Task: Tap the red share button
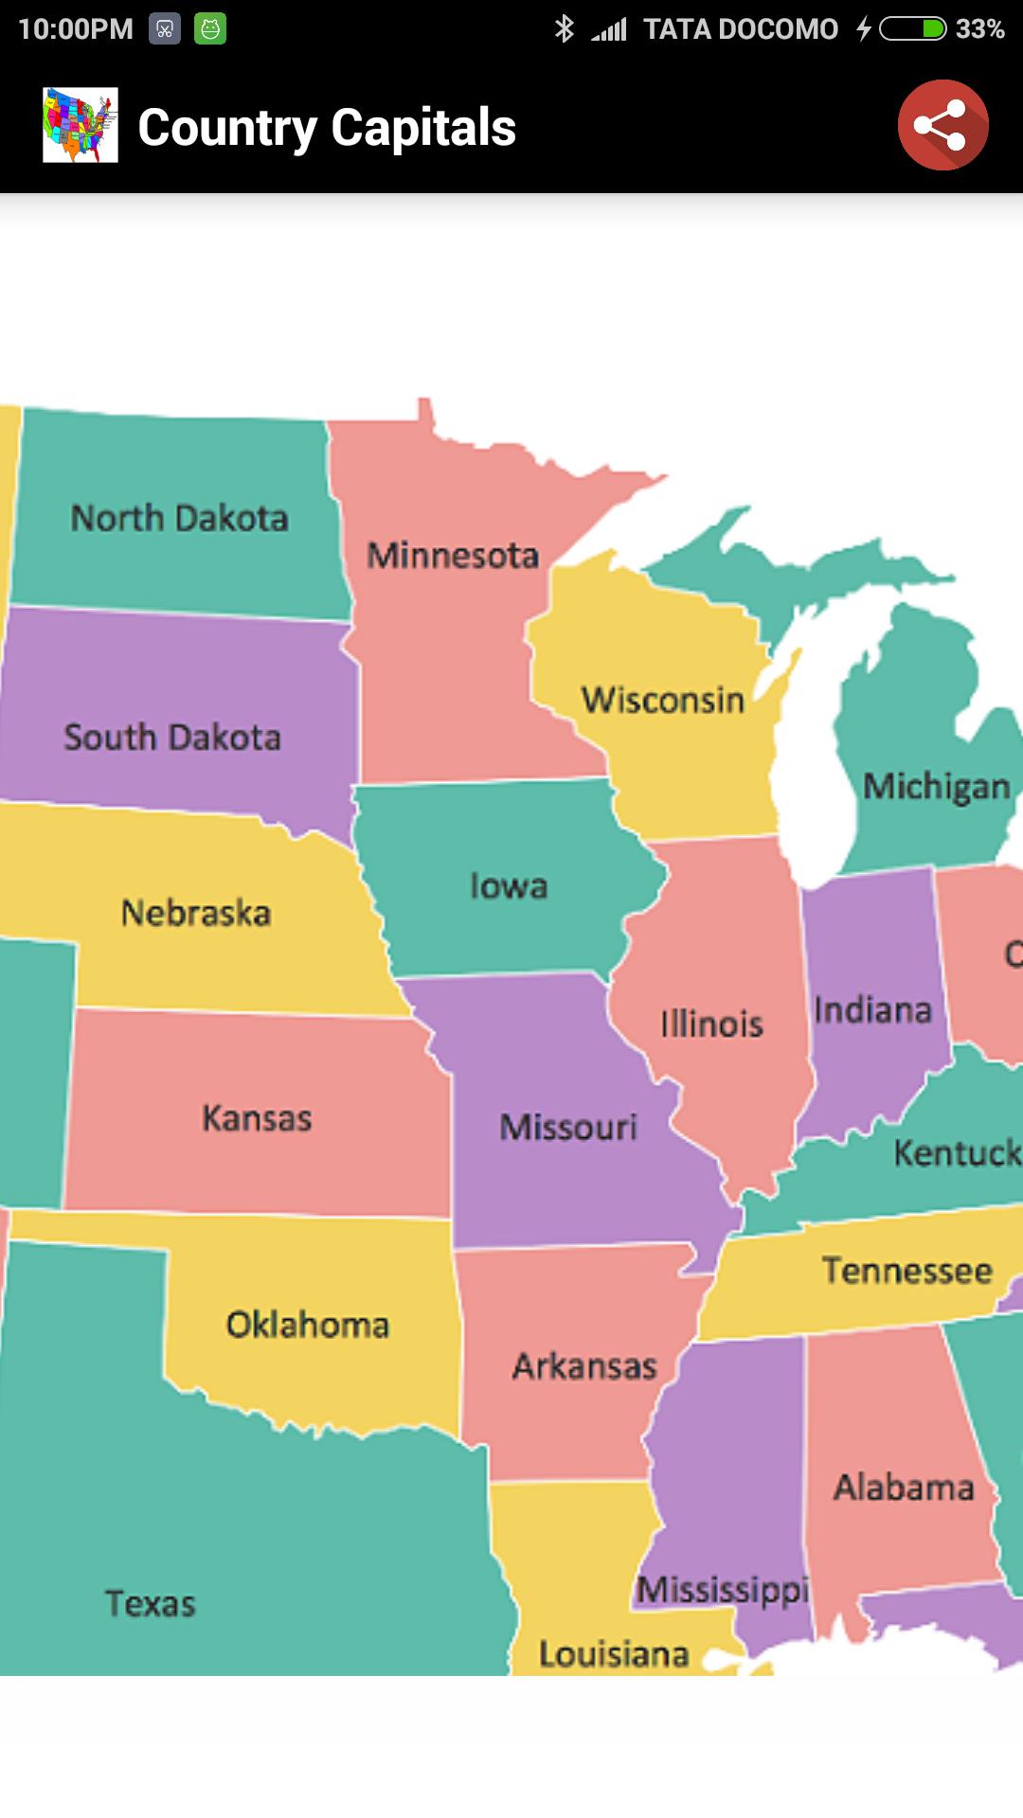pos(942,126)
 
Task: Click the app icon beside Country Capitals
pos(81,125)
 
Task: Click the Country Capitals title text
pos(327,127)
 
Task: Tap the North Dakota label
pos(179,518)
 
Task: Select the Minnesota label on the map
pos(453,555)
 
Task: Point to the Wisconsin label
pos(663,701)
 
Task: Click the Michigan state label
pos(936,786)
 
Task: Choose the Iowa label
pos(509,886)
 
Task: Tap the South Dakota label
pos(172,738)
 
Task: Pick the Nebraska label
pos(196,913)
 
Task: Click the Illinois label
pos(711,1024)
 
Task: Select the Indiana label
pos(872,1010)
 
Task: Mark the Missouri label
pos(568,1127)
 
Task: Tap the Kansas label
pos(257,1118)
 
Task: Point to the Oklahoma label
pos(308,1325)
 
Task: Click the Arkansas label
pos(584,1366)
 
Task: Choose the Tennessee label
pos(906,1270)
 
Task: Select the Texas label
pos(150,1604)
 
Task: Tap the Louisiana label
pos(614,1654)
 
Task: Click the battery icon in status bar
pos(912,29)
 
